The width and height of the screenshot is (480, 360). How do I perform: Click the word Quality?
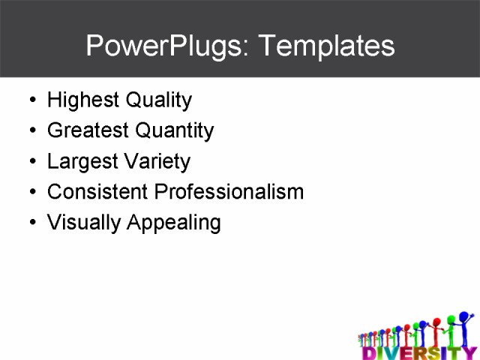tap(158, 100)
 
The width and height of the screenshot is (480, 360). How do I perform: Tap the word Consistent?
tap(97, 192)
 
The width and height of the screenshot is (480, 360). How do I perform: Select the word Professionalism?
tap(229, 192)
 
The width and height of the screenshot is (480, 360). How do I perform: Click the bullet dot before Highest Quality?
tap(31, 100)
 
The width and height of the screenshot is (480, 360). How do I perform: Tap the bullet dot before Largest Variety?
tap(31, 162)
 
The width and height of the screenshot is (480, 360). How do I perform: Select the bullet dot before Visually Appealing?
tap(31, 223)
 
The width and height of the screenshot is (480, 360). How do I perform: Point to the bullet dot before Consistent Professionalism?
tap(31, 193)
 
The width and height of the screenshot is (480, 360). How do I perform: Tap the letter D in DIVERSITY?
tap(368, 352)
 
